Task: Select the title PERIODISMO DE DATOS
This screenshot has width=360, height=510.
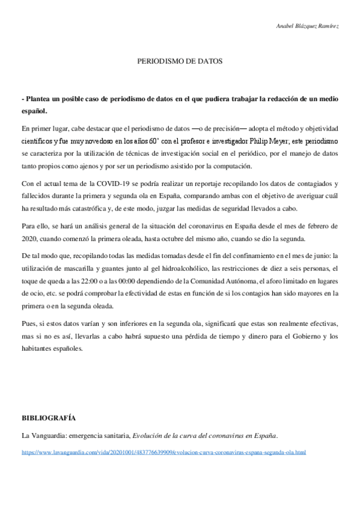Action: [180, 61]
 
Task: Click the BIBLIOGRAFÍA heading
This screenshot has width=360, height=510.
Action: [49, 417]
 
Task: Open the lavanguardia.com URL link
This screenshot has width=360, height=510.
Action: [164, 452]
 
